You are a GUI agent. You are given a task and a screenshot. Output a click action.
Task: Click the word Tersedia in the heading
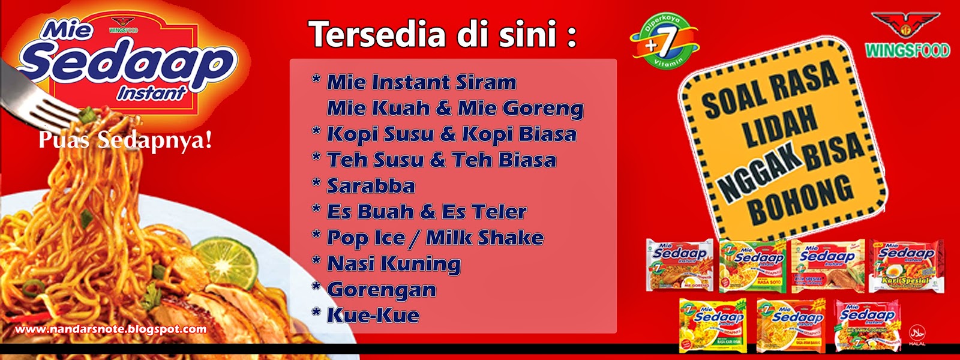tap(377, 34)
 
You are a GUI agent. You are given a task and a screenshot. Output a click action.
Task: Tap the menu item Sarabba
tap(370, 186)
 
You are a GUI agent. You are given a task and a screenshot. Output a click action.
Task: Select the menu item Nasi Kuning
tap(394, 263)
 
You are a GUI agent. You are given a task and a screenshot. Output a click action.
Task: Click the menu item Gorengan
tap(381, 290)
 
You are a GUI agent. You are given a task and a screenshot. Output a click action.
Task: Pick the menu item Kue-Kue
tap(373, 316)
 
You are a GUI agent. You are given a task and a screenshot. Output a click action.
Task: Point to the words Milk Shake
tap(485, 238)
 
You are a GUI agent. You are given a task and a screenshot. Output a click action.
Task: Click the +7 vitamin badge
tap(664, 41)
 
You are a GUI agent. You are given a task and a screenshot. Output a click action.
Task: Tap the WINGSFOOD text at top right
tap(907, 50)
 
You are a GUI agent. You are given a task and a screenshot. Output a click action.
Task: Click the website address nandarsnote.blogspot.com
tap(111, 329)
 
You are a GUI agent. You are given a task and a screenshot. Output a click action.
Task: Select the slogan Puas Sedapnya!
tap(125, 140)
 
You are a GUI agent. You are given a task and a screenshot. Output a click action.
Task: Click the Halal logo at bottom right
tap(917, 334)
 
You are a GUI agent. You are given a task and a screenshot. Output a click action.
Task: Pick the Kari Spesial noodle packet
tap(906, 266)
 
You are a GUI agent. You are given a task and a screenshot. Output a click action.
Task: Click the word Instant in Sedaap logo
tap(151, 93)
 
